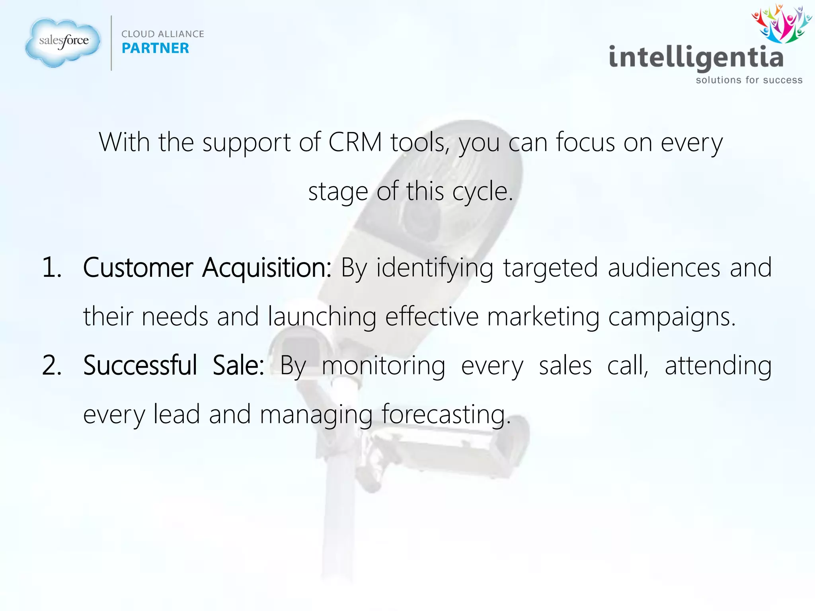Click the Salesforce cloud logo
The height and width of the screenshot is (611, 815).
click(63, 42)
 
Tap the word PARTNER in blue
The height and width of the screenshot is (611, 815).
click(155, 48)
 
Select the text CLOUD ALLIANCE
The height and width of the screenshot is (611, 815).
click(162, 34)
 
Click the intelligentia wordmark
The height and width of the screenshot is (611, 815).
click(696, 58)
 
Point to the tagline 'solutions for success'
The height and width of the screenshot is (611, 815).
click(749, 80)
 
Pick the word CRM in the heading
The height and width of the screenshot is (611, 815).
click(355, 142)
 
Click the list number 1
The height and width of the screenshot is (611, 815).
click(52, 267)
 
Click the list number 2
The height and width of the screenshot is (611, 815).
click(52, 365)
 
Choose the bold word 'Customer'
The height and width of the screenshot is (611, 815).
click(138, 267)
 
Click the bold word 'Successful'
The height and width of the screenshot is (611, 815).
click(140, 365)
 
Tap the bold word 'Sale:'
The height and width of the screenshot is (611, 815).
click(238, 365)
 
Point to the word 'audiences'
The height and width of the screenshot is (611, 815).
click(664, 267)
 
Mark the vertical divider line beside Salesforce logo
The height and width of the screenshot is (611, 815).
click(111, 43)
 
